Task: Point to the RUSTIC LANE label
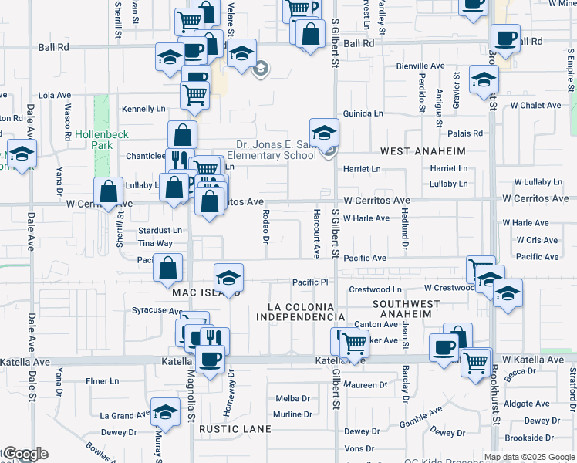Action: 235,428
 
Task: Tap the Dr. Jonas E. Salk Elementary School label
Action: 276,149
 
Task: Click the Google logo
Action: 25,454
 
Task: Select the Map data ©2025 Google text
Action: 530,456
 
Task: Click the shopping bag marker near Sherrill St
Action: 110,191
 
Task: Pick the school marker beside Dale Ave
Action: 22,154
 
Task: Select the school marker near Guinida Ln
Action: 325,131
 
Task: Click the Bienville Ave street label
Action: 421,66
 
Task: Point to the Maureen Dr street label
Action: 366,384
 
